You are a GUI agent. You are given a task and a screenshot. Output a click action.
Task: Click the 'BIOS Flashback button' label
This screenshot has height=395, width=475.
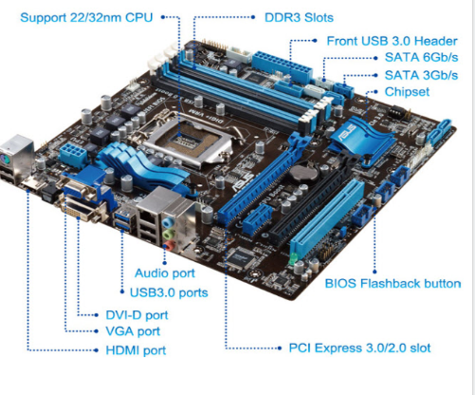click(393, 283)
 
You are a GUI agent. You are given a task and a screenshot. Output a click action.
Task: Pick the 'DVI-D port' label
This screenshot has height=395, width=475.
click(137, 314)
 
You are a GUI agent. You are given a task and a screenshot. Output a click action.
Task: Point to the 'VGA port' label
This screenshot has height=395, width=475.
click(133, 331)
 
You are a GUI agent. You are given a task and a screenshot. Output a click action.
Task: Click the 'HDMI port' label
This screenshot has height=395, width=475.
click(137, 349)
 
